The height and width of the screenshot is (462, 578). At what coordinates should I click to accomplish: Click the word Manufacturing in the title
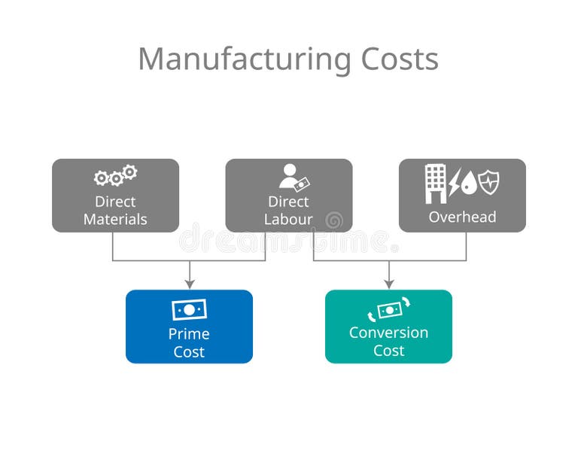[242, 59]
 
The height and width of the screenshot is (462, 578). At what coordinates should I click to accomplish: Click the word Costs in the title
[400, 59]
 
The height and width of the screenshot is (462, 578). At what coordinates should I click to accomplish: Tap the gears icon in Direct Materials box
[115, 176]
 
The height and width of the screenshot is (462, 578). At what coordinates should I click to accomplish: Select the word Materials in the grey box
[115, 220]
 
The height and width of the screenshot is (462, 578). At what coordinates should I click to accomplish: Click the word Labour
[288, 220]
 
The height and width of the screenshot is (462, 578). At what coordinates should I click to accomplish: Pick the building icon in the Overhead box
[435, 184]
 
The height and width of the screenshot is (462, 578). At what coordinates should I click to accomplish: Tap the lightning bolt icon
[455, 183]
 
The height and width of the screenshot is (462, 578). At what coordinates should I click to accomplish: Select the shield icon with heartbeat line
[488, 182]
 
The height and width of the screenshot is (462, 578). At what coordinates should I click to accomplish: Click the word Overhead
[462, 217]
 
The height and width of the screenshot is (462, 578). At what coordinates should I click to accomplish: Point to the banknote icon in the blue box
[189, 310]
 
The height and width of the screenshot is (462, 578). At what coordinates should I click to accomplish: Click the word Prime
[189, 333]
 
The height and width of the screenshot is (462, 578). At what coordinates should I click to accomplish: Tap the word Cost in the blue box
[189, 352]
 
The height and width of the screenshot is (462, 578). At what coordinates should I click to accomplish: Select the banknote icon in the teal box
[389, 310]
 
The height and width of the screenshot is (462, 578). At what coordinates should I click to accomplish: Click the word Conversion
[388, 333]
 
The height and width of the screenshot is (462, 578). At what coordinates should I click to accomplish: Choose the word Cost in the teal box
[388, 351]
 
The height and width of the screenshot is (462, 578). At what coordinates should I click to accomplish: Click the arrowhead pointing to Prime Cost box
[190, 284]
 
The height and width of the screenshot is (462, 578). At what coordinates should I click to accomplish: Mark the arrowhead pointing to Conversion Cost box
[388, 284]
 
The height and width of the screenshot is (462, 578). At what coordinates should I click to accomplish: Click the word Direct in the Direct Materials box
[115, 202]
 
